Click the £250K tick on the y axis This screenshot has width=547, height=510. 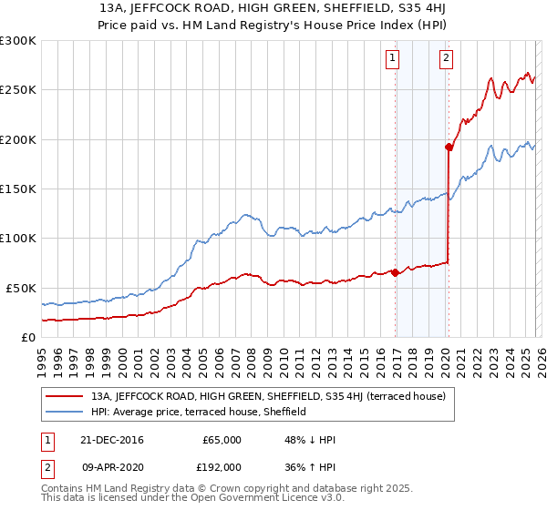coord(18,90)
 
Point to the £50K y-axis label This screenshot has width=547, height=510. coord(18,288)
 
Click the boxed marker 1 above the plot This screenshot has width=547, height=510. coord(392,59)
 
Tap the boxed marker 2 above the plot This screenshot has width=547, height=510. coord(446,59)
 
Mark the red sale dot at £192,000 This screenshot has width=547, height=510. coord(449,147)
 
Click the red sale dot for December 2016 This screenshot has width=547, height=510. coord(395,272)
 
